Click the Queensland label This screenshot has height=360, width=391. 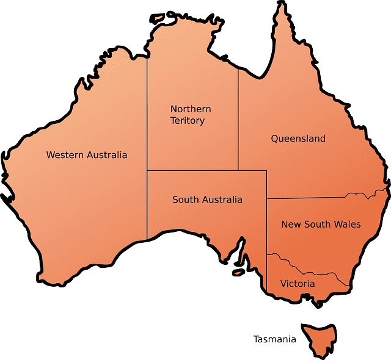(x=298, y=139)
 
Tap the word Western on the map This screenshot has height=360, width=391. (x=65, y=155)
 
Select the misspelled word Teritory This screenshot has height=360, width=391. (x=188, y=121)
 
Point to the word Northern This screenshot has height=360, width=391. (x=191, y=109)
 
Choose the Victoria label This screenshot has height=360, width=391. (x=298, y=284)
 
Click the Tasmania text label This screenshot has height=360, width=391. (x=275, y=339)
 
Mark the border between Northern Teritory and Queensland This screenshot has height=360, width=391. (x=238, y=122)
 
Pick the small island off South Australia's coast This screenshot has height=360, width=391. (x=237, y=273)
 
